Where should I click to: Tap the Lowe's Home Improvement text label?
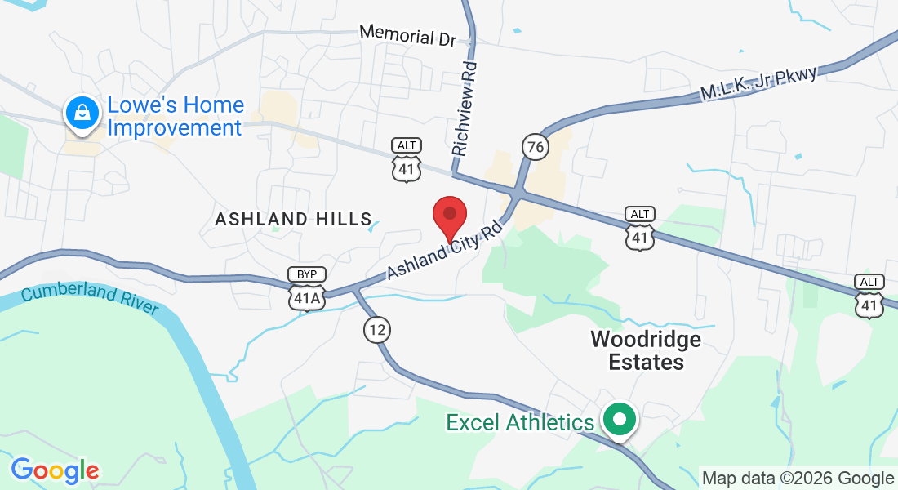[176, 117]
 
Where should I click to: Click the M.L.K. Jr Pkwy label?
[758, 84]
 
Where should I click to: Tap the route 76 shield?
[536, 147]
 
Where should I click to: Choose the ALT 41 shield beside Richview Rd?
[407, 160]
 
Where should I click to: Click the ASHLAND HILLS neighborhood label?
[293, 219]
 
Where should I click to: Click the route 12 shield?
[376, 330]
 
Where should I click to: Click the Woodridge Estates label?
[646, 350]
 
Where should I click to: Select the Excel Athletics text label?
[520, 422]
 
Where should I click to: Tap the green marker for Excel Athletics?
[620, 421]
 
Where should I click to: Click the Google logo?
[55, 470]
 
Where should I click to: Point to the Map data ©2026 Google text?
[798, 479]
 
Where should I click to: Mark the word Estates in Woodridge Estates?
[646, 362]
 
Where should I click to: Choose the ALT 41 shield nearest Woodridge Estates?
[640, 228]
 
